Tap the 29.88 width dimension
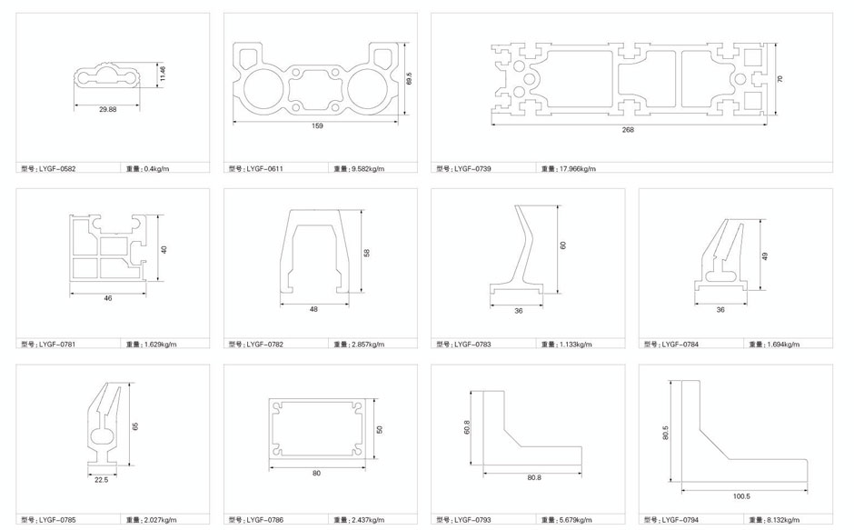(108, 109)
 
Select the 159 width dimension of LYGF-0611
(318, 126)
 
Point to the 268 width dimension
(628, 130)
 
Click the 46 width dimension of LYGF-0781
(108, 298)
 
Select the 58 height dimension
(366, 253)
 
